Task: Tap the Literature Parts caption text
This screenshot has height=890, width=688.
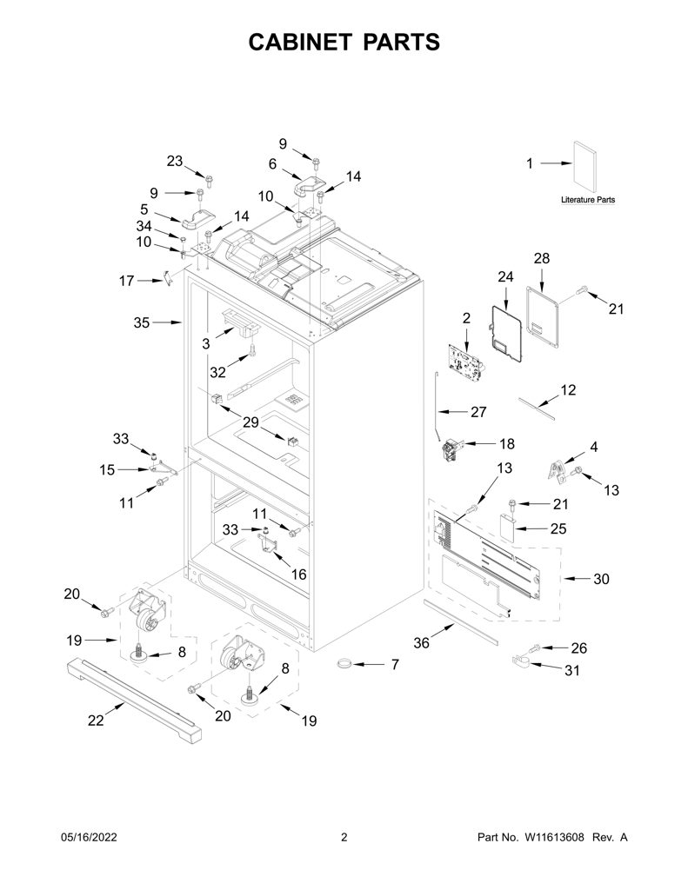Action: (x=588, y=200)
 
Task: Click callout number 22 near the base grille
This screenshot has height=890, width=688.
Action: (x=96, y=720)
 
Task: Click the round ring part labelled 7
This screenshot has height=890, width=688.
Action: (x=344, y=663)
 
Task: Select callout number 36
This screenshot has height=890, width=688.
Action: (x=421, y=643)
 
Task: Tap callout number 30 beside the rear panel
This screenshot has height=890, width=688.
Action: (x=601, y=579)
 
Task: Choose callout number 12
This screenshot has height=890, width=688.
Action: (x=568, y=389)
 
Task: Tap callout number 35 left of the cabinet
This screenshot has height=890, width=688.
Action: (x=142, y=322)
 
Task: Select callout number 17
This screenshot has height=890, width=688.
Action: (x=126, y=281)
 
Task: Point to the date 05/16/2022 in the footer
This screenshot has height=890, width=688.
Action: (x=89, y=837)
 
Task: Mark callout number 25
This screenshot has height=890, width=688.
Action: (x=558, y=528)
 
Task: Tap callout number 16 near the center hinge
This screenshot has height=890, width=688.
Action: (x=298, y=575)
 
